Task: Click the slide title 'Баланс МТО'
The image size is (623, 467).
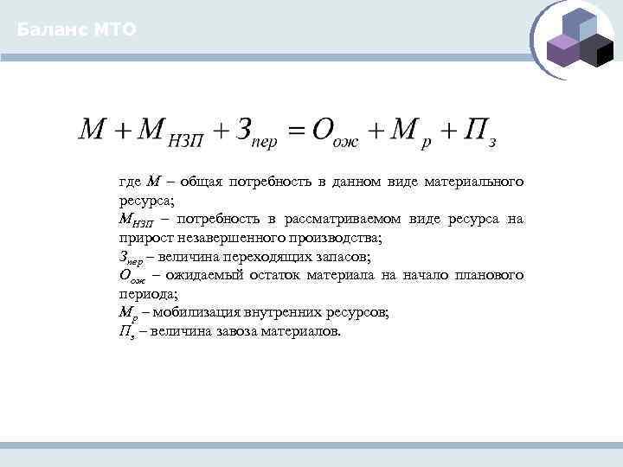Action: point(76,30)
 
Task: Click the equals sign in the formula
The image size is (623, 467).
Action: point(297,132)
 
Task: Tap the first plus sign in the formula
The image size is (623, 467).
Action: point(122,132)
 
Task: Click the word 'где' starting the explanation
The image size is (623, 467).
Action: point(130,182)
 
